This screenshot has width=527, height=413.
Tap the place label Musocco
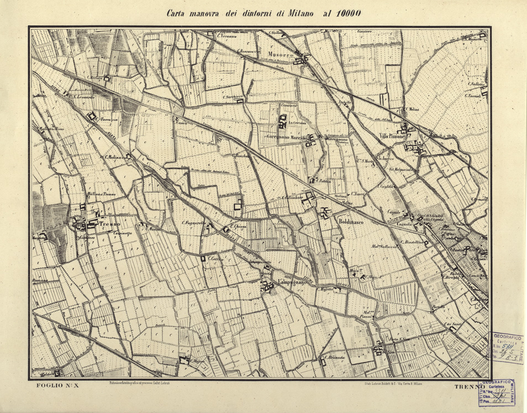pos(279,54)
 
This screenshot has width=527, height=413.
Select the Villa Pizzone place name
pos(392,136)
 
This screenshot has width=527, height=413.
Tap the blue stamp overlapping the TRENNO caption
pos(497,392)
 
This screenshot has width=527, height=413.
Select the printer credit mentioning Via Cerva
pos(389,383)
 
